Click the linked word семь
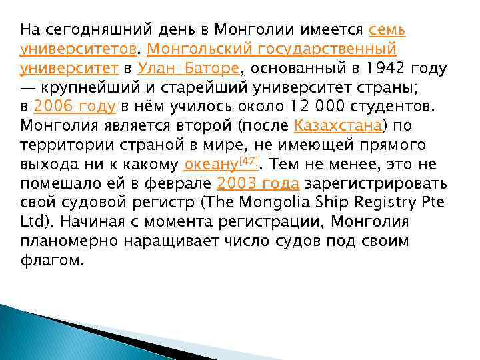(x=387, y=30)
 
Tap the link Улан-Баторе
(x=189, y=68)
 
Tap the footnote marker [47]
(x=248, y=160)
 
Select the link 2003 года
(x=258, y=183)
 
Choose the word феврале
(x=178, y=183)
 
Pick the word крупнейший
(x=87, y=87)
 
